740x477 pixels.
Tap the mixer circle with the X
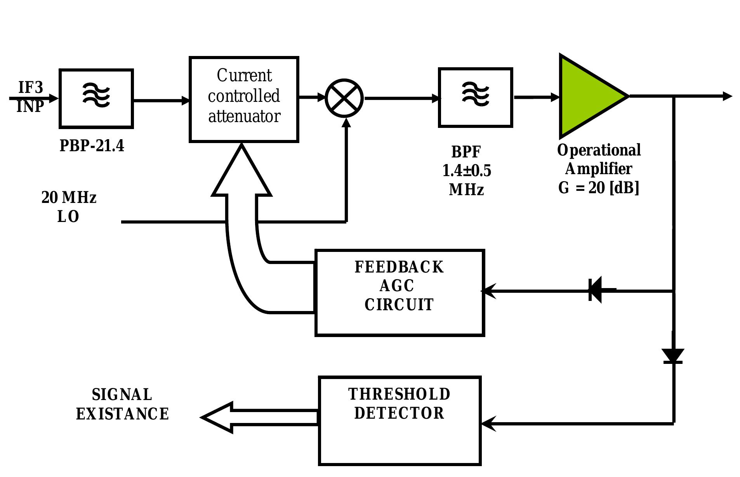(x=344, y=98)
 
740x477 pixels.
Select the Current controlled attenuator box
(x=244, y=100)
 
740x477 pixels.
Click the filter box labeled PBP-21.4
(x=96, y=98)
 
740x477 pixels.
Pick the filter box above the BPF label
(x=475, y=97)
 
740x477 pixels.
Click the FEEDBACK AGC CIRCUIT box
(x=400, y=292)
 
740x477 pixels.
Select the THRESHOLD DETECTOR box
(x=400, y=421)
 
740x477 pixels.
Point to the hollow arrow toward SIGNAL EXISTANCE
(x=248, y=417)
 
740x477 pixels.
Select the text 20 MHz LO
(x=69, y=207)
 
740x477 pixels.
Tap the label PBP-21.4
(x=92, y=146)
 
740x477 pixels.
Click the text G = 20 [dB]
(x=598, y=188)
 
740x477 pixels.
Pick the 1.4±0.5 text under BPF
(x=466, y=171)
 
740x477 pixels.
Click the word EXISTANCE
(x=122, y=414)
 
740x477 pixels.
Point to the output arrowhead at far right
(x=727, y=96)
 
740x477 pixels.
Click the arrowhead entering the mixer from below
(x=346, y=122)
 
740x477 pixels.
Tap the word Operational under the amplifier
(x=599, y=150)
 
